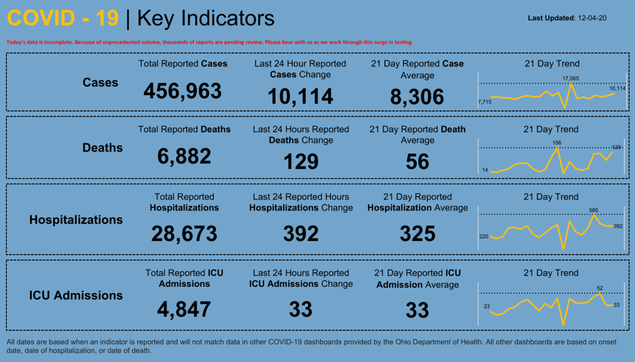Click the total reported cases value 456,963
pos(183,91)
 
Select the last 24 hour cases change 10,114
pos(300,97)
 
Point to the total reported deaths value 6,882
pos(184,156)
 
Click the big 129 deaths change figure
pos(301,162)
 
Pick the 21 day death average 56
pos(417,162)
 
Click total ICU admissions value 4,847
pos(184,310)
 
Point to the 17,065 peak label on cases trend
pos(571,78)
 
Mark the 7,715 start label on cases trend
pos(484,102)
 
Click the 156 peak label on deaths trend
pos(557,143)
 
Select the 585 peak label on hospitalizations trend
pos(593,210)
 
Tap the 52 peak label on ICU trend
pos(600,288)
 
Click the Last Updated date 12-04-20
pos(592,18)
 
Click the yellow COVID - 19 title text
pos(63,18)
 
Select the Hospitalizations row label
pos(76,219)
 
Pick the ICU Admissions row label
pos(76,295)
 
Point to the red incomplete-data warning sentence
pos(209,43)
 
